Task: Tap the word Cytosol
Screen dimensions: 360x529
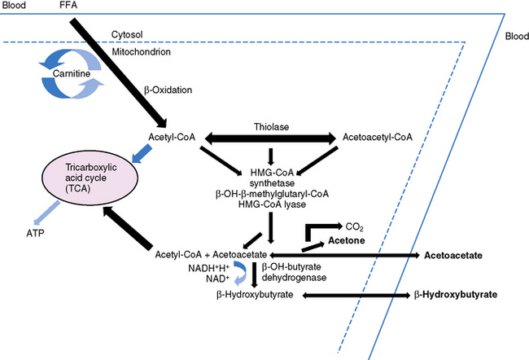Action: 128,35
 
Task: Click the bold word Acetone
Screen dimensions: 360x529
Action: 346,242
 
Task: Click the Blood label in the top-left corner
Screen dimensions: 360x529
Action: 14,7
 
